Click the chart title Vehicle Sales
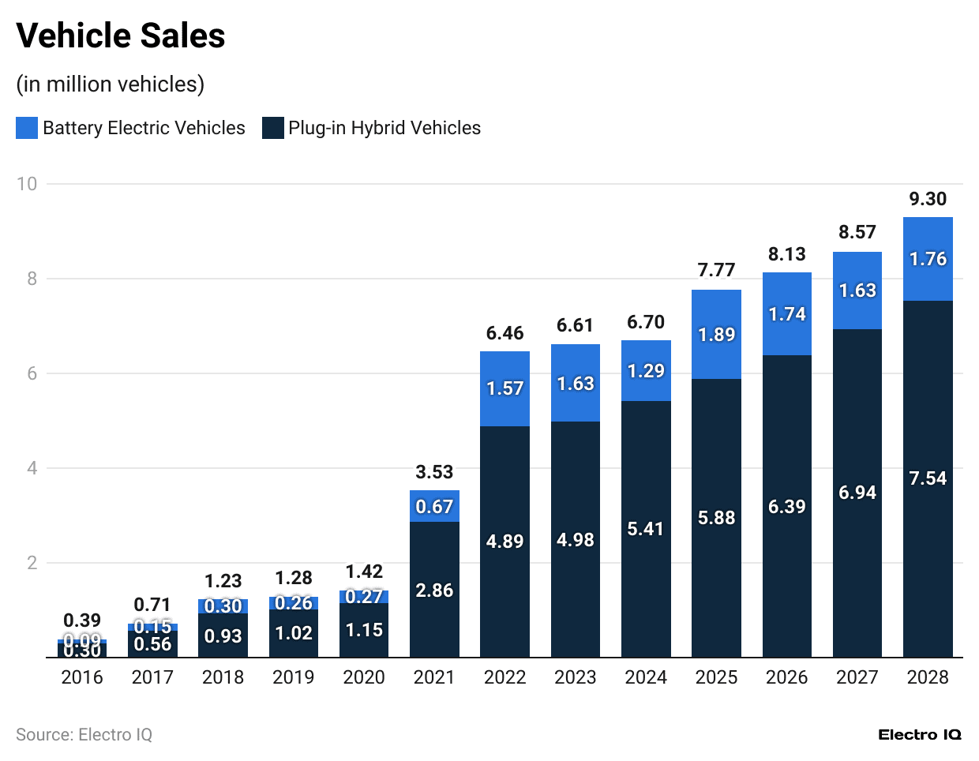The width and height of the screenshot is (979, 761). [x=121, y=36]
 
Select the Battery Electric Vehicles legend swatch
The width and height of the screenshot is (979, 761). [x=27, y=128]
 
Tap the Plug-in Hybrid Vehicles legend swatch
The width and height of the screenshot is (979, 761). [x=273, y=128]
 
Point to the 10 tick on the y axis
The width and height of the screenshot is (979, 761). [x=27, y=184]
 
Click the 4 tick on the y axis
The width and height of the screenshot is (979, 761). [x=32, y=468]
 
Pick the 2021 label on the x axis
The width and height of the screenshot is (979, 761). [x=434, y=677]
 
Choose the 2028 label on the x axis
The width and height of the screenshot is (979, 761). [x=928, y=677]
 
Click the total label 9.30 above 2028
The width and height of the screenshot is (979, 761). [x=928, y=199]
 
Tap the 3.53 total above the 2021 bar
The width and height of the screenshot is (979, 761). [x=434, y=472]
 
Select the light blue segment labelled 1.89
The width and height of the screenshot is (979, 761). [x=716, y=335]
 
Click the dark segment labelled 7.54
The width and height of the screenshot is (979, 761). [x=928, y=478]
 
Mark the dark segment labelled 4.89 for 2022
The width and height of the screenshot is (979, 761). [x=505, y=542]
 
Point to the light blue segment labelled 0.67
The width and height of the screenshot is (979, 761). [x=434, y=507]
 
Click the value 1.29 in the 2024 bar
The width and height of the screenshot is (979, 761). [x=646, y=371]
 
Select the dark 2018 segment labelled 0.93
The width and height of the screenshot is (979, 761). [x=223, y=636]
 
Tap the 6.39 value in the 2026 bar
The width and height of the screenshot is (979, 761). [x=786, y=507]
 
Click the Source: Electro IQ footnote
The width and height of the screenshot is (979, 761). [x=84, y=735]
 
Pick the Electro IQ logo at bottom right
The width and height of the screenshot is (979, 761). [x=920, y=735]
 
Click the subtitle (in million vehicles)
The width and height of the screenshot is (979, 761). [x=111, y=84]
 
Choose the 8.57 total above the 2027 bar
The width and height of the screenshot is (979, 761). [x=857, y=232]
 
